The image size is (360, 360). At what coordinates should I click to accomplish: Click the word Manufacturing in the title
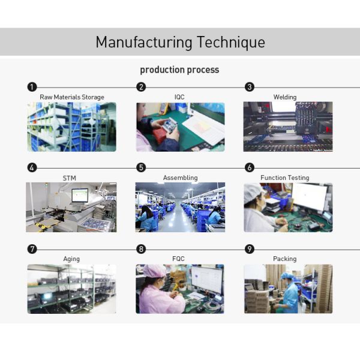pos(144,43)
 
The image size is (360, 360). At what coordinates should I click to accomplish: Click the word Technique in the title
pos(230,43)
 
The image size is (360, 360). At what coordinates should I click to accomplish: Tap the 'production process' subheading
pos(179,70)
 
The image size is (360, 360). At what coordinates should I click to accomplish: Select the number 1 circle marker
pos(32,87)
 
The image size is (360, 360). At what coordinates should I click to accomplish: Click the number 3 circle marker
pos(250,87)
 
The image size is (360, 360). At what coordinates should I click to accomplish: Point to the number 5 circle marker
pos(141,168)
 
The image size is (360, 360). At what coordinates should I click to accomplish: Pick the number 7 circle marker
pos(32,249)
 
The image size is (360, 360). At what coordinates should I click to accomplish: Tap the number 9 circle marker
pos(250,249)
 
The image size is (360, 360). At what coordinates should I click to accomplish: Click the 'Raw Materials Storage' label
pos(72,97)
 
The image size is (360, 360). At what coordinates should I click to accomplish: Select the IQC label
pos(179,97)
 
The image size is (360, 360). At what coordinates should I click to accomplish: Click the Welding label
pos(285,97)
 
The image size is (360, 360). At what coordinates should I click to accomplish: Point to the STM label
pos(70,178)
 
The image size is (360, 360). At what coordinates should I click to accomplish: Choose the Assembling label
pos(180,178)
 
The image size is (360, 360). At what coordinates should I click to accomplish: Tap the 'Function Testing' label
pos(285,178)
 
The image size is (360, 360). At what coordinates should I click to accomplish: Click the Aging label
pos(71,259)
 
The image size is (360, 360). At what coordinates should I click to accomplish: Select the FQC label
pos(179,259)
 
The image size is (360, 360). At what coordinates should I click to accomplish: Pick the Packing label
pos(285,259)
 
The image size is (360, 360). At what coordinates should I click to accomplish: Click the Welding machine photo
pos(287,127)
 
